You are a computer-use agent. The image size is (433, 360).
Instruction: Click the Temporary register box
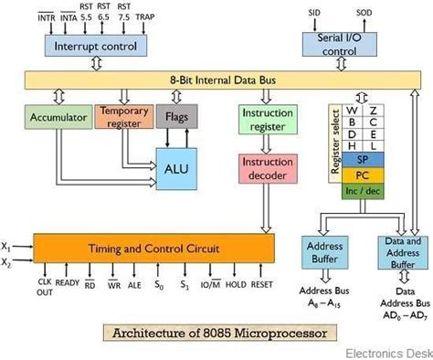[122, 116]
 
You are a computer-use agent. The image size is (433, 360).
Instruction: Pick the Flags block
[177, 116]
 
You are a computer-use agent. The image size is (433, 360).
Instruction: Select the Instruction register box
[267, 118]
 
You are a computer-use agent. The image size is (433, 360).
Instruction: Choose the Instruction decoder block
[267, 167]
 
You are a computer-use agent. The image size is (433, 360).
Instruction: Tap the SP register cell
[362, 157]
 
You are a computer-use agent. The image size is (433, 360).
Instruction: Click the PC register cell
[362, 174]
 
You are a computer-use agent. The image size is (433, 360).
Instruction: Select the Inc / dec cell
[362, 190]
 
